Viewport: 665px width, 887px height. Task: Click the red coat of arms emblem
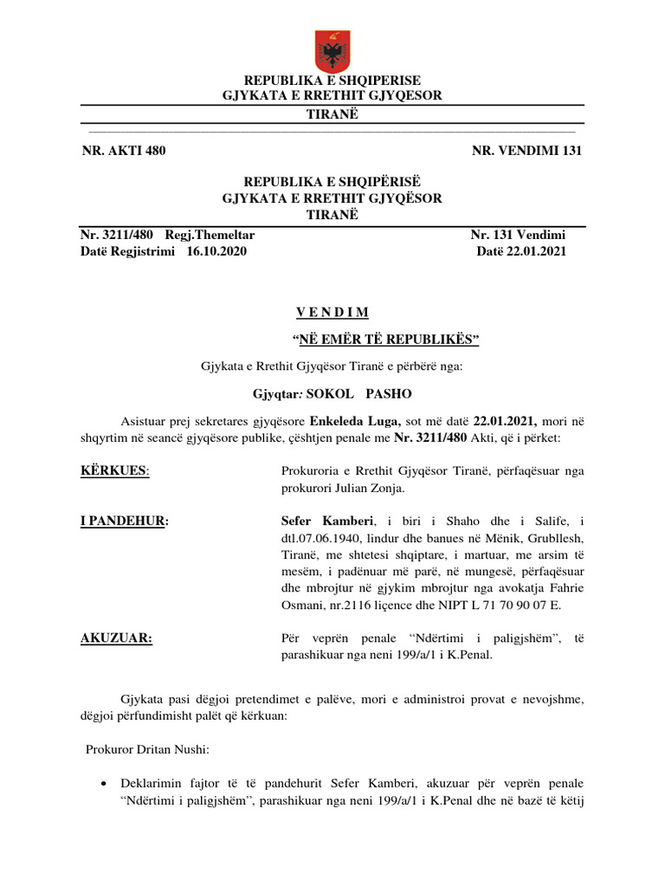[332, 51]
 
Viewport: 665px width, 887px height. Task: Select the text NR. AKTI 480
[123, 151]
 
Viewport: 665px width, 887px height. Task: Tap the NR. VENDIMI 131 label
[526, 151]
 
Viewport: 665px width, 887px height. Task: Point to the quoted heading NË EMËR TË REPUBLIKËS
[384, 339]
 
